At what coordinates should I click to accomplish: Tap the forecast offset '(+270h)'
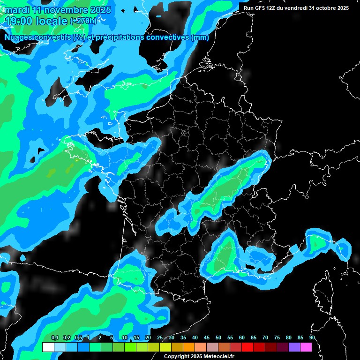pyautogui.click(x=83, y=21)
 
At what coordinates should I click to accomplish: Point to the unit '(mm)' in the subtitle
pyautogui.click(x=200, y=37)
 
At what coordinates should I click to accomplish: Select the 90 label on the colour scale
pyautogui.click(x=312, y=337)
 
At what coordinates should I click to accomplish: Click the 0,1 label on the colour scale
pyautogui.click(x=54, y=337)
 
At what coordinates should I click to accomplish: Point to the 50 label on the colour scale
pyautogui.click(x=218, y=337)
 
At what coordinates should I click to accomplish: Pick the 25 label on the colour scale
pyautogui.click(x=160, y=337)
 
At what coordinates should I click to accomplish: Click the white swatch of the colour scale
pyautogui.click(x=48, y=347)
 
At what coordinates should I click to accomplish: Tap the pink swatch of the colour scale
pyautogui.click(x=306, y=347)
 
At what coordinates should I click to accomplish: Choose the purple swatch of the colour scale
pyautogui.click(x=294, y=347)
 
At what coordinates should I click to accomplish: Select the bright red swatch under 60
pyautogui.click(x=247, y=347)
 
